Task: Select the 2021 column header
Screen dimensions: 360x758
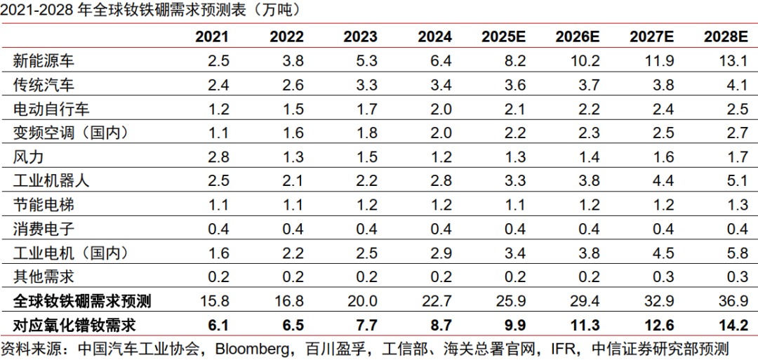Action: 211,36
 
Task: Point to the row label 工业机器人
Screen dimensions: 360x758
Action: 51,180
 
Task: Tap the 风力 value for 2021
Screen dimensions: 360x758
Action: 218,156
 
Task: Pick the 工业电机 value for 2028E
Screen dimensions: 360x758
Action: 733,252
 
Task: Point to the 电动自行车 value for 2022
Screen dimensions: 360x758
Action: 292,109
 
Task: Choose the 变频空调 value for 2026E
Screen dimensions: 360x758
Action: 587,133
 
